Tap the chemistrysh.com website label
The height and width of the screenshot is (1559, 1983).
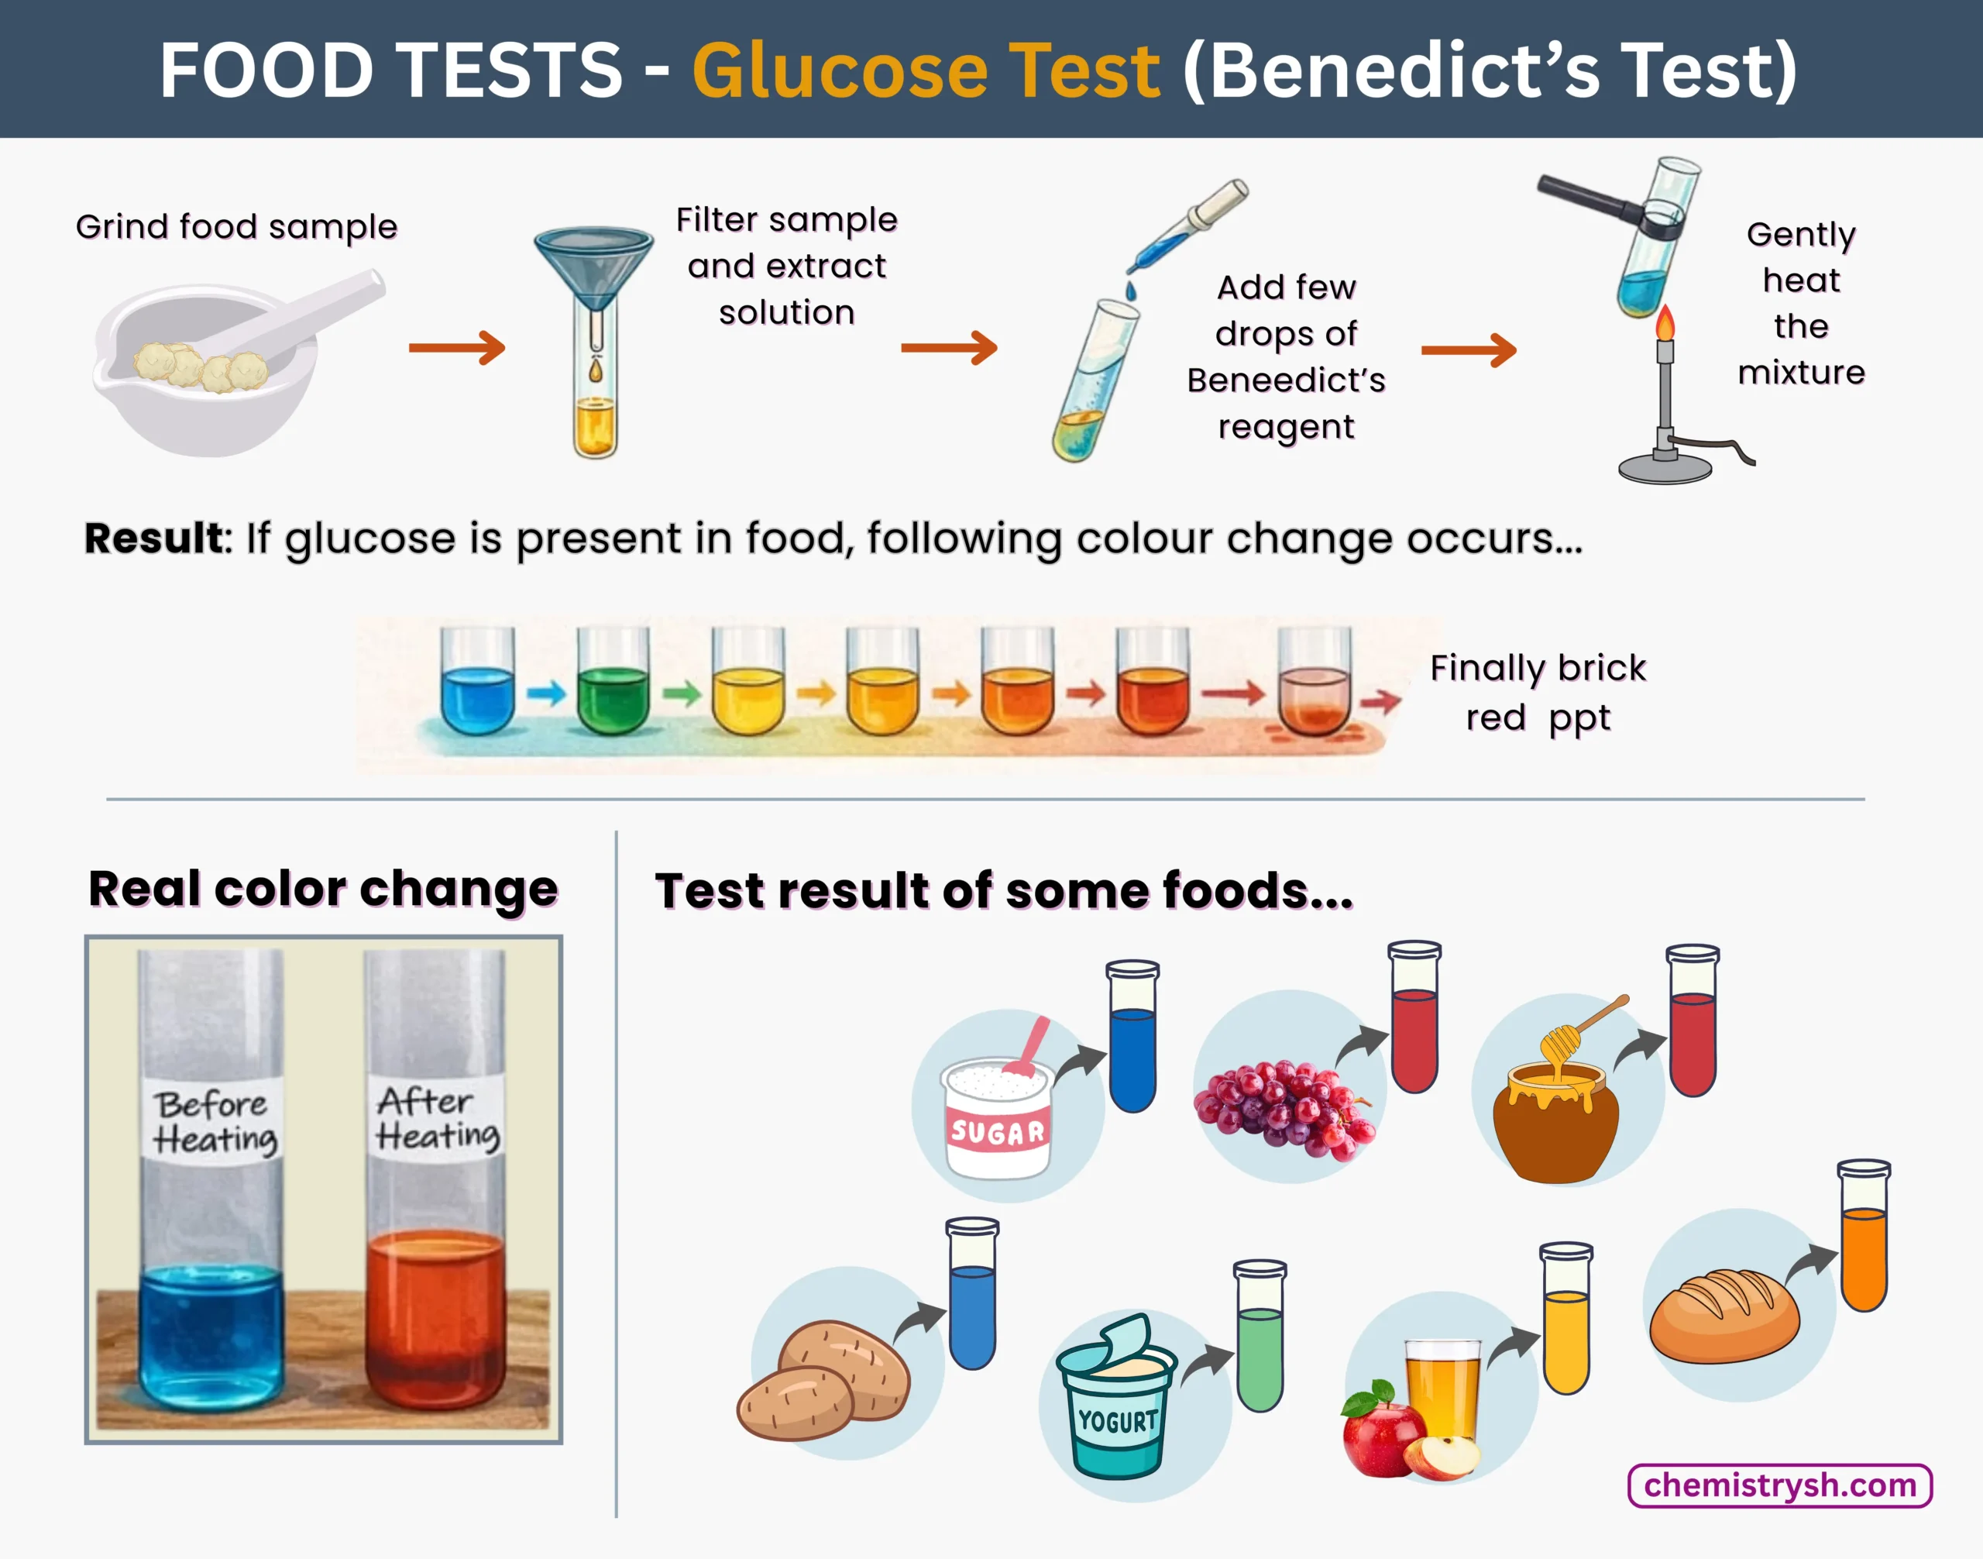(1779, 1485)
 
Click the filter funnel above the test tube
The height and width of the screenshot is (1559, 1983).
(594, 265)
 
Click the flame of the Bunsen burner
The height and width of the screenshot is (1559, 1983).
(1665, 323)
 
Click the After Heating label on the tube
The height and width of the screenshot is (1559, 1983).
(436, 1118)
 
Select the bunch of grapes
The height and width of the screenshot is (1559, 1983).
(1282, 1109)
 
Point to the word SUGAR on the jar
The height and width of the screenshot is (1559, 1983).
(998, 1133)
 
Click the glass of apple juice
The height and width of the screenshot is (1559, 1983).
(1442, 1396)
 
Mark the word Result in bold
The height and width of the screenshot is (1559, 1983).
(153, 539)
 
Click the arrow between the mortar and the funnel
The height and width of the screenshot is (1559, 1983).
(456, 348)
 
